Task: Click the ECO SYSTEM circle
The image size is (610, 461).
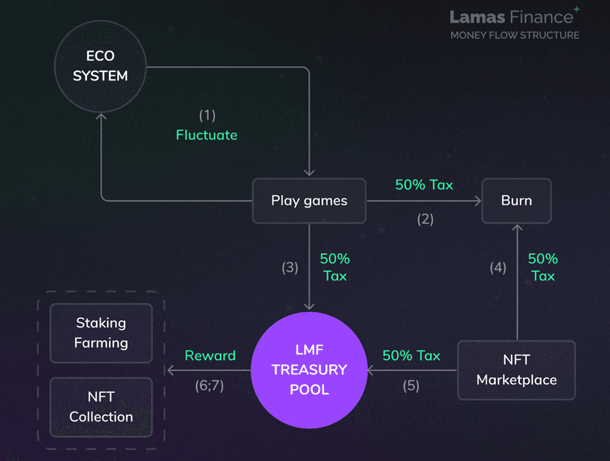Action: coord(100,66)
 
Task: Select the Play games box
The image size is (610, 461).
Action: coord(309,200)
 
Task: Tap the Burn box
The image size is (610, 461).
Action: coord(516,200)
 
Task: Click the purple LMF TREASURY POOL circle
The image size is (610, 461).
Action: coord(309,370)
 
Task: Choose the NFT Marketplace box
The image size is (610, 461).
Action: coord(517,370)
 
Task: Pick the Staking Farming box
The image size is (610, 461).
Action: coord(101,333)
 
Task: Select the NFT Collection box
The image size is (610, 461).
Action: coord(101,407)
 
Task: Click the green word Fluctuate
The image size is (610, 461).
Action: coord(206,135)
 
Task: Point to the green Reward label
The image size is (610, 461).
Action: coord(210,355)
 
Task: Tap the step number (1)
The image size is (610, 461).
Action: coord(206,115)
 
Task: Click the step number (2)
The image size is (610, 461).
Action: coord(425,219)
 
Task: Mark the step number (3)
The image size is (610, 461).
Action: coord(289,267)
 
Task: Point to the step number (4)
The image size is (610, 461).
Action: coord(498,267)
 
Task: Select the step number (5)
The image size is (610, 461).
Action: coord(411,386)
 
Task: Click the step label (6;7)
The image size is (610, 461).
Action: coord(209,386)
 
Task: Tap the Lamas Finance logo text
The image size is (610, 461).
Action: coord(511,16)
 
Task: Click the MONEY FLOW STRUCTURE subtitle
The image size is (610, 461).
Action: coord(515,35)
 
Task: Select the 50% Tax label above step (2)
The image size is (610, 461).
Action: coord(424,185)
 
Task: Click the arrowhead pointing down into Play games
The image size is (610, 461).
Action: coord(310,172)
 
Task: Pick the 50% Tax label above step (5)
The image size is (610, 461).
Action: coord(411,355)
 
